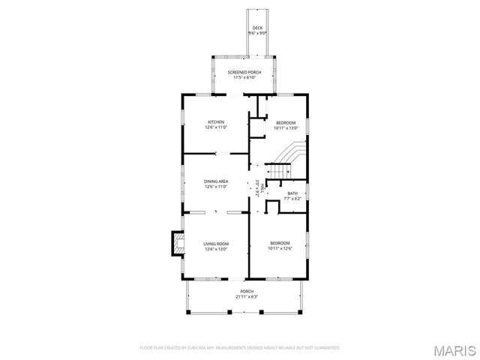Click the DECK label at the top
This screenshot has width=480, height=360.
(x=257, y=28)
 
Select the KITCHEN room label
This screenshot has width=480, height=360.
(x=216, y=122)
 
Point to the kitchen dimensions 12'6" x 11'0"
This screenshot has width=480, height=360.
(x=216, y=128)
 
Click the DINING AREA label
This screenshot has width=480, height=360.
(x=216, y=181)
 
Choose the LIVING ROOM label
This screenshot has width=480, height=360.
(x=216, y=244)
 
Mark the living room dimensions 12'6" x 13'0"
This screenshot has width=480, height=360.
(x=216, y=250)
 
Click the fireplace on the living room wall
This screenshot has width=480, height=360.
(x=178, y=243)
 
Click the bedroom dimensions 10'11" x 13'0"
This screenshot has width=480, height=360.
(x=286, y=128)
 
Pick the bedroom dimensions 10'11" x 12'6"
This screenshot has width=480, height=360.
(x=280, y=249)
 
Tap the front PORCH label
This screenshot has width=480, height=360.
(x=247, y=291)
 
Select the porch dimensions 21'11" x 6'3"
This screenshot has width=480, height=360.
(x=247, y=297)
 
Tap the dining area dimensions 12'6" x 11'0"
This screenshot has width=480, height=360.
(x=216, y=187)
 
